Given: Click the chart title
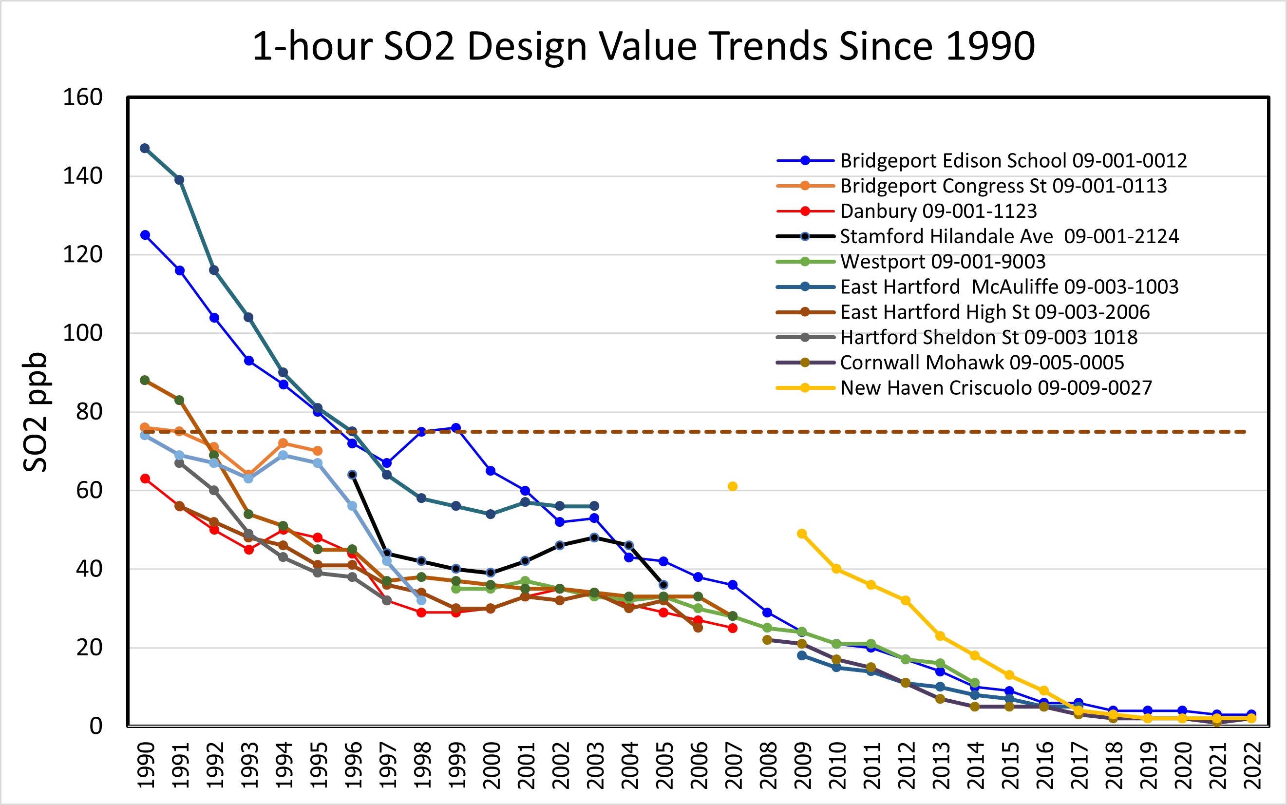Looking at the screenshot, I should [x=643, y=46].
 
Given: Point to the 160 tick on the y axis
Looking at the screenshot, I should [x=82, y=97].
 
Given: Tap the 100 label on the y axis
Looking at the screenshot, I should [x=82, y=333].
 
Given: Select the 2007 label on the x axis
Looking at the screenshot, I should [x=733, y=765].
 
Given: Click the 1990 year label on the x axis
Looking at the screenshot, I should [x=145, y=765].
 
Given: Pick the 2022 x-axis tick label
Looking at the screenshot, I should [x=1251, y=765].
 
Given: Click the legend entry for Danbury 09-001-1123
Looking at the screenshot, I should [x=938, y=211].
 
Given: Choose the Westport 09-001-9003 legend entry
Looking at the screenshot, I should [x=942, y=261].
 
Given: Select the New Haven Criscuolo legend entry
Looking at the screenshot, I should [x=995, y=387].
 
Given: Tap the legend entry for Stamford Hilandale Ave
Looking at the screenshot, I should [x=1009, y=236].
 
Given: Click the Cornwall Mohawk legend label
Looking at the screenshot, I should [x=982, y=363].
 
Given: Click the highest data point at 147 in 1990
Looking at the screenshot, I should [x=145, y=148].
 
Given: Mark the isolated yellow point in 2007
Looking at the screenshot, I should [x=732, y=486].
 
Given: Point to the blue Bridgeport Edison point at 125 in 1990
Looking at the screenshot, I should [x=145, y=235].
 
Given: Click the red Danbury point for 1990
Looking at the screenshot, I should [x=145, y=479].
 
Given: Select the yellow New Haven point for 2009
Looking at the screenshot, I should [x=802, y=534].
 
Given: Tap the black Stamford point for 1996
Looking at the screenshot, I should [x=352, y=475].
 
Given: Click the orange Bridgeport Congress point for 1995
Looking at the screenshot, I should [x=317, y=451].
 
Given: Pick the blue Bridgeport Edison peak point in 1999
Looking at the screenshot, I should [x=455, y=427].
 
